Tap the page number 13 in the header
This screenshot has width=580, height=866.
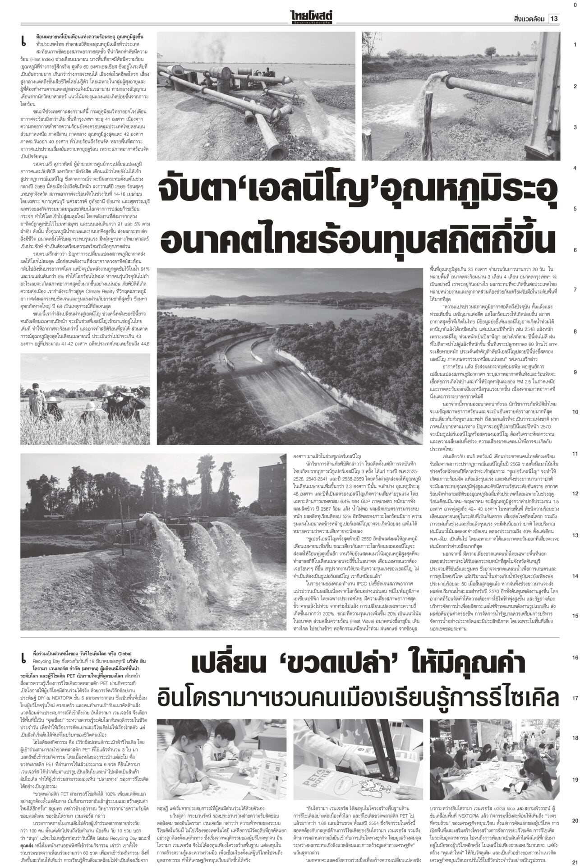click(x=554, y=18)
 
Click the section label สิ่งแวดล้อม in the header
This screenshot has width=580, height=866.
click(x=529, y=18)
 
